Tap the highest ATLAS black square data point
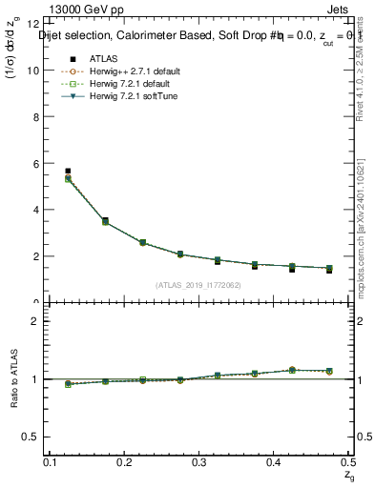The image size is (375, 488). [67, 172]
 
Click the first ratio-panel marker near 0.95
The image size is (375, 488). [67, 384]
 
